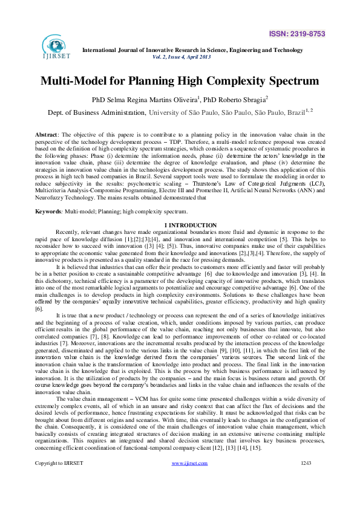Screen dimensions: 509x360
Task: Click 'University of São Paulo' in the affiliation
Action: point(206,112)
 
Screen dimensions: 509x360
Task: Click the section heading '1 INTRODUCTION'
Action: point(180,208)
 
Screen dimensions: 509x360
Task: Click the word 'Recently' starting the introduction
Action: point(68,215)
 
